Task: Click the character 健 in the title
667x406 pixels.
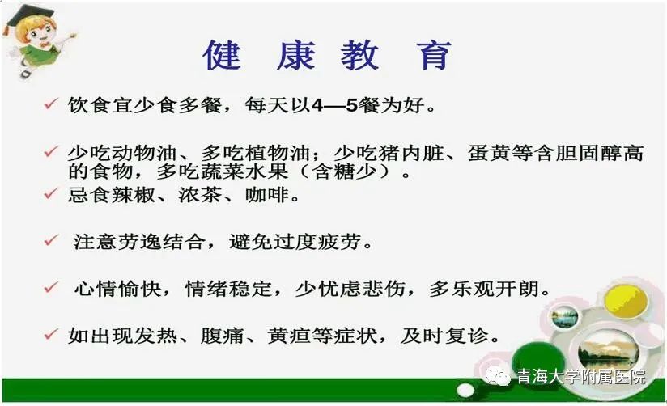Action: pos(222,55)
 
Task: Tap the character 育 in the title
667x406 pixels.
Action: pos(434,55)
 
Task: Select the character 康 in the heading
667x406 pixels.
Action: pos(296,55)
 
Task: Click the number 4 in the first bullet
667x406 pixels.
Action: pos(318,105)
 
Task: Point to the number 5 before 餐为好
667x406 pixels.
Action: pos(351,105)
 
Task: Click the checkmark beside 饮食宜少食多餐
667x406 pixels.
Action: pos(51,104)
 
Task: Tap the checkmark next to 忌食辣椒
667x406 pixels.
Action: pos(51,193)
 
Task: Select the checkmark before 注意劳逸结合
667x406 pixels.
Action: pos(51,240)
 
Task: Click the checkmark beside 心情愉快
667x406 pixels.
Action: pos(51,287)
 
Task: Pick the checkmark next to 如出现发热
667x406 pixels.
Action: pos(51,334)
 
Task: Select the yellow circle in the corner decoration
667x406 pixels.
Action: pos(626,301)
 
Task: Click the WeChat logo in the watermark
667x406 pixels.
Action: pos(497,376)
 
